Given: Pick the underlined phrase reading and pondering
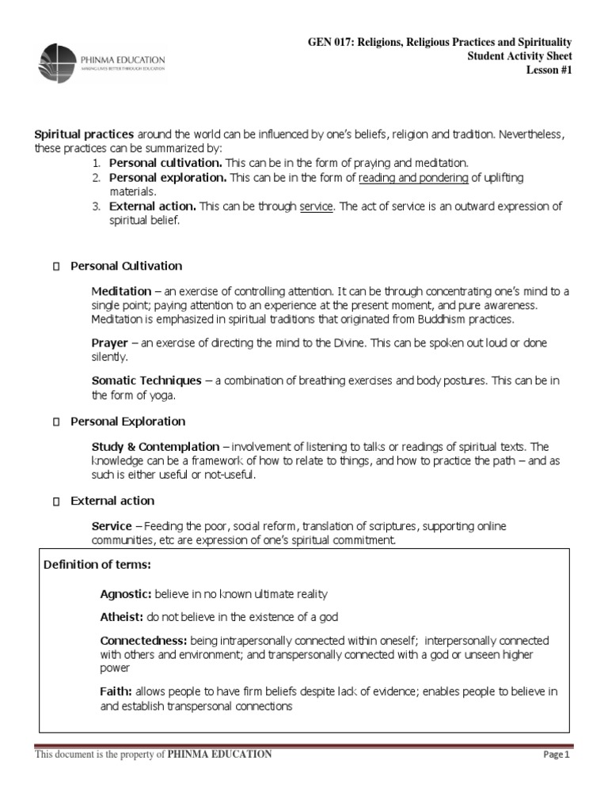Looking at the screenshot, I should tap(413, 178).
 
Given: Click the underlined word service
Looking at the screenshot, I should tap(317, 206).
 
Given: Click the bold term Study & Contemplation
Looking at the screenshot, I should tap(155, 445).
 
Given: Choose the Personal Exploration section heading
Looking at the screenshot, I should tap(127, 421).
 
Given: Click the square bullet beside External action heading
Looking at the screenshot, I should tap(55, 501).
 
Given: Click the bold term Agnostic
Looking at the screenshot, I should tap(125, 592).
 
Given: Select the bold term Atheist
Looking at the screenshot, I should tap(120, 616).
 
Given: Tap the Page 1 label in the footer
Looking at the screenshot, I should tap(557, 755).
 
